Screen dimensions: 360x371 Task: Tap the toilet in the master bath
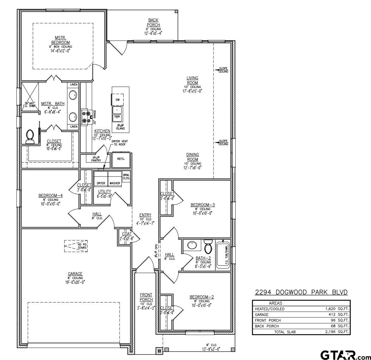pyautogui.click(x=31, y=136)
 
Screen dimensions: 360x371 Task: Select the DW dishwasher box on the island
pyautogui.click(x=118, y=99)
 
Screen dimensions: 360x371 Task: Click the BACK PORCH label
pyautogui.click(x=153, y=23)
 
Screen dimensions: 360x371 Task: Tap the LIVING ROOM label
pyautogui.click(x=192, y=80)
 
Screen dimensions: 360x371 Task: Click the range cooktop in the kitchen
pyautogui.click(x=86, y=117)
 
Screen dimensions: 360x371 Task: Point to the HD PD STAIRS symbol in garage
pyautogui.click(x=76, y=245)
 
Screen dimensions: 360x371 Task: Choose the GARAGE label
pyautogui.click(x=75, y=274)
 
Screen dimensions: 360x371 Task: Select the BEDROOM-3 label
pyautogui.click(x=203, y=205)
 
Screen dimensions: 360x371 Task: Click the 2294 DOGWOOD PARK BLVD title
pyautogui.click(x=301, y=292)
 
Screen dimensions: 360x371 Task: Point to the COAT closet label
pyautogui.click(x=127, y=234)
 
